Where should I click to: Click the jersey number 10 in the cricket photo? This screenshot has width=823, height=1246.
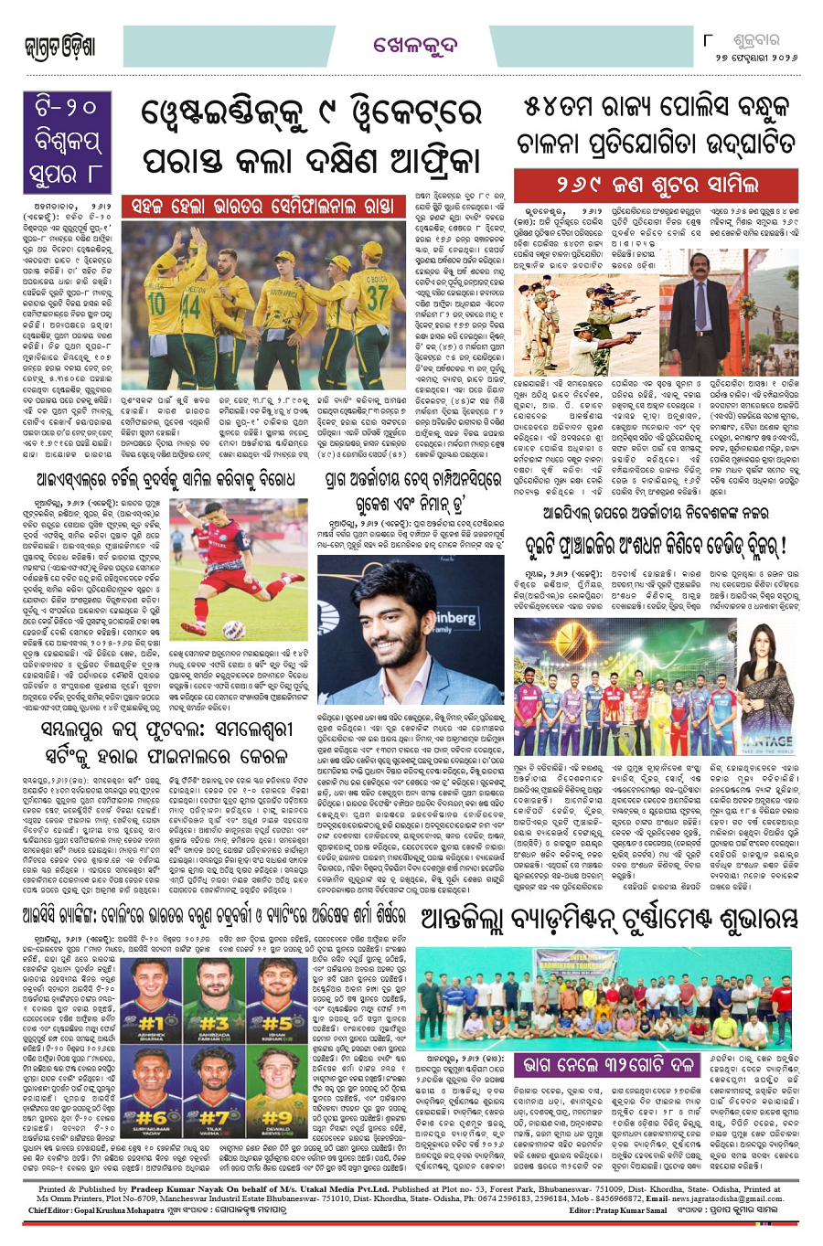pos(156,300)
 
